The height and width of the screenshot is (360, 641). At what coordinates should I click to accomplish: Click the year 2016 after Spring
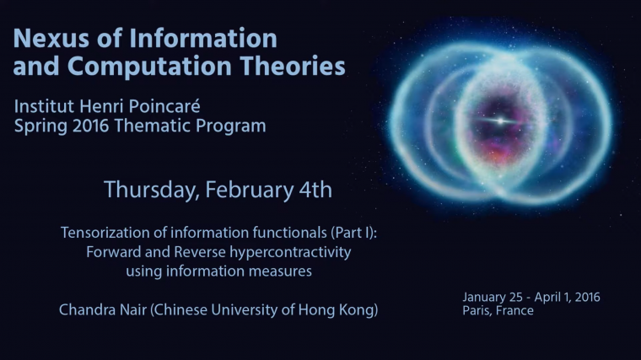coord(98,126)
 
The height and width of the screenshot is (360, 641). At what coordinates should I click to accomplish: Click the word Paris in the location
coord(479,310)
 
